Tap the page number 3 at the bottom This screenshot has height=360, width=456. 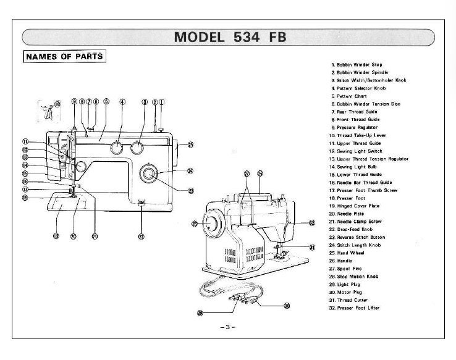227,327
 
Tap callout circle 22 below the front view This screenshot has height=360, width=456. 141,237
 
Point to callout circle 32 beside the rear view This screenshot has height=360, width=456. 311,222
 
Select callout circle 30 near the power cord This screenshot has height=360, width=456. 286,306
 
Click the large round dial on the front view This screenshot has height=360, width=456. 149,175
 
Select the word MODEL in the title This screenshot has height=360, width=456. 200,36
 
